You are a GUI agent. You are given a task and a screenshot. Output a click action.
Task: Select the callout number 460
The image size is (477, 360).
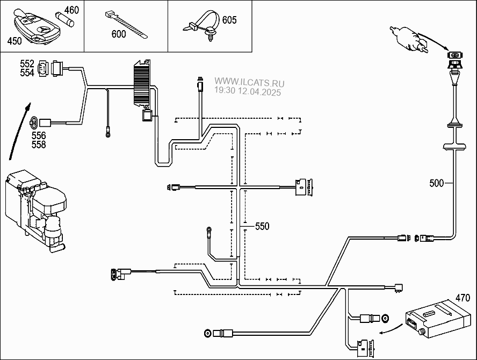point(71,10)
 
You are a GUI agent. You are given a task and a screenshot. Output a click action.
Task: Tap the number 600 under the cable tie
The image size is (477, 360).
point(118,34)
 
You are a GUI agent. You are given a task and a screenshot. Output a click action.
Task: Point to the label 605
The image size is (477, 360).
point(229,20)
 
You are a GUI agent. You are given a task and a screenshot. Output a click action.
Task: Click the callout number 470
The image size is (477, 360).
point(462,297)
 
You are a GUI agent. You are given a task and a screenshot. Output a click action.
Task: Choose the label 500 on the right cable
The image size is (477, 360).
point(437,183)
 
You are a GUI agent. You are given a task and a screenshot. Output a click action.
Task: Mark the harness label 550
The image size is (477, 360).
point(262,226)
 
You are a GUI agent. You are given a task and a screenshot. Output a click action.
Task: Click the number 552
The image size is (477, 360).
point(27,64)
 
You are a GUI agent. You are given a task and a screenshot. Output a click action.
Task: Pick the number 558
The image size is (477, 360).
point(38,145)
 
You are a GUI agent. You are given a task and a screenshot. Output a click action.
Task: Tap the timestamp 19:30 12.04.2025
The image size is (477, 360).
point(248,91)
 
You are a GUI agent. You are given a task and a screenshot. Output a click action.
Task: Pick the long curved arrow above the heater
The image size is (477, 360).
point(18,132)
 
